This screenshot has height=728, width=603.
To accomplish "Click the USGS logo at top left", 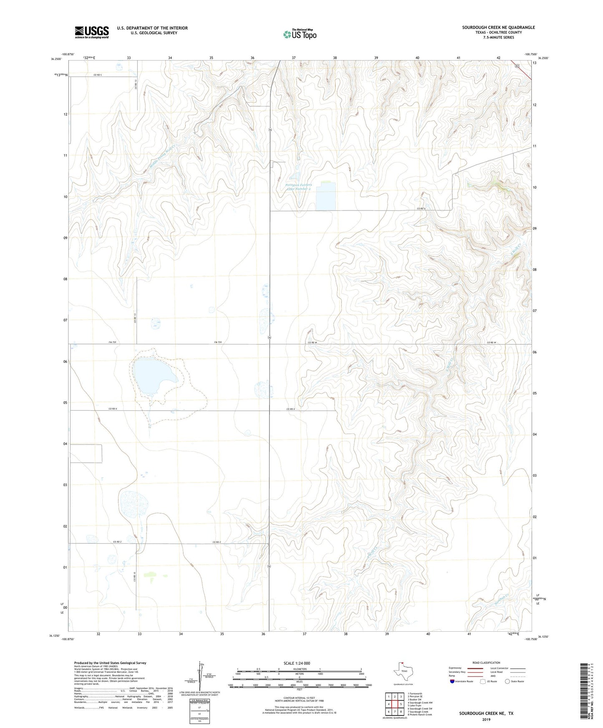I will (92, 32).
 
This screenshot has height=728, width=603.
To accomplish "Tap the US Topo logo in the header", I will (300, 34).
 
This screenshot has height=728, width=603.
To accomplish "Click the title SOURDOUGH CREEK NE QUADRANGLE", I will (498, 28).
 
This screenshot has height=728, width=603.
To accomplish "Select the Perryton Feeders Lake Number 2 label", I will (298, 187).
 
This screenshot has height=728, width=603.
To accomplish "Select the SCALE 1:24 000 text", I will (297, 663).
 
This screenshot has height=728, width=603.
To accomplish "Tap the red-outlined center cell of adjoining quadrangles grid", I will (394, 704).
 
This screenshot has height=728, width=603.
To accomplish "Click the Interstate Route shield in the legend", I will (453, 681).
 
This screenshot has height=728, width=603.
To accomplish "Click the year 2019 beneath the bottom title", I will (486, 719).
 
